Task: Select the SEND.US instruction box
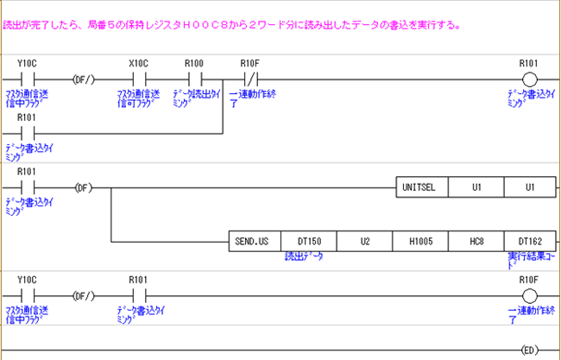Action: pyautogui.click(x=254, y=241)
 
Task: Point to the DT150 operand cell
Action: pyautogui.click(x=308, y=241)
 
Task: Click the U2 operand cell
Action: pyautogui.click(x=364, y=241)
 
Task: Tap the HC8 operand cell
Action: pyautogui.click(x=476, y=241)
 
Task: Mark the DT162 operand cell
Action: pyautogui.click(x=529, y=241)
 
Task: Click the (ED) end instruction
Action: pyautogui.click(x=528, y=350)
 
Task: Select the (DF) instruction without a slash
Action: pyautogui.click(x=83, y=187)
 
